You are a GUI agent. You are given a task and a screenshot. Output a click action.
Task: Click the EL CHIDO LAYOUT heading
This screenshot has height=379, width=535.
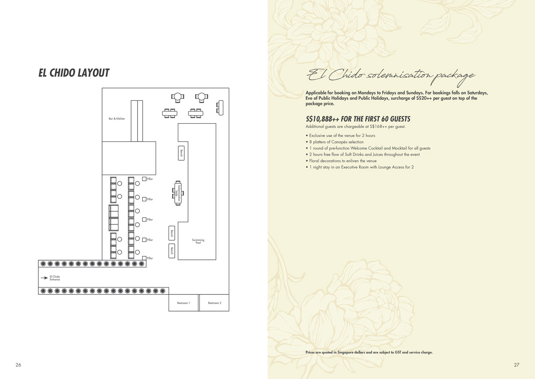pos(74,73)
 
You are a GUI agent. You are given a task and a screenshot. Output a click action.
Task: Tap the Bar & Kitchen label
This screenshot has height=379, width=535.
pos(117,119)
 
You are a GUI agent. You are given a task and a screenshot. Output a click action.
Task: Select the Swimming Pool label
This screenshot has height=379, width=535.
pos(198,241)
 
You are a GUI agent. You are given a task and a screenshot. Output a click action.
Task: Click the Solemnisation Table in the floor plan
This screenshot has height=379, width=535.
pos(178,193)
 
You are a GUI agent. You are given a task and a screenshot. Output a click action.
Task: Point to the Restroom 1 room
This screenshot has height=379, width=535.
pos(183,303)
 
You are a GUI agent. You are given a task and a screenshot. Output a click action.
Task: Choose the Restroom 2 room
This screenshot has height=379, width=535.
pos(214,303)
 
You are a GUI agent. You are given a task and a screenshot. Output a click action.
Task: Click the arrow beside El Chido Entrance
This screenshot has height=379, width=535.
pos(44,278)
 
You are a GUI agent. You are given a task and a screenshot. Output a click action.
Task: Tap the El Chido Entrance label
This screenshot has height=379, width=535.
pos(55,278)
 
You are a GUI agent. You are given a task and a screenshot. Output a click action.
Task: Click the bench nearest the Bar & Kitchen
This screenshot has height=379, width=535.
pos(181,153)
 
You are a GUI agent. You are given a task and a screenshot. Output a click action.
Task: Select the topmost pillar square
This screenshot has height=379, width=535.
pos(144,179)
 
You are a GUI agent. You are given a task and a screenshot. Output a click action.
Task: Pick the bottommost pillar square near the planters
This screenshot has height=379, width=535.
pos(144,258)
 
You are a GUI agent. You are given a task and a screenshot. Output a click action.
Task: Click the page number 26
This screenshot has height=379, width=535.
pos(18,365)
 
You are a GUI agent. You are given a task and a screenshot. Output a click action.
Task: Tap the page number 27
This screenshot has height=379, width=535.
pos(517,365)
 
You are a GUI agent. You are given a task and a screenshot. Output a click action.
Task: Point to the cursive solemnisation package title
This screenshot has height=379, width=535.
pos(391,77)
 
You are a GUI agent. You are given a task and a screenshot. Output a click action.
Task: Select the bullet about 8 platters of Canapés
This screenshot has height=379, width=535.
pos(335,142)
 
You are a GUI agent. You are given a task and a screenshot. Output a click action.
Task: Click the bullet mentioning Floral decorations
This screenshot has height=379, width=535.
pos(341,161)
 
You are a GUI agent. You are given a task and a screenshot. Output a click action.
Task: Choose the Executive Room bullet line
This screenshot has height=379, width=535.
pos(360,167)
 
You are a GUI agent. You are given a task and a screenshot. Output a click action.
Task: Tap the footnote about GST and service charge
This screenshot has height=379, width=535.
pos(369,352)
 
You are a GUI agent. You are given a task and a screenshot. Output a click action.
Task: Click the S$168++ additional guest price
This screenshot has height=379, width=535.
pos(379,126)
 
